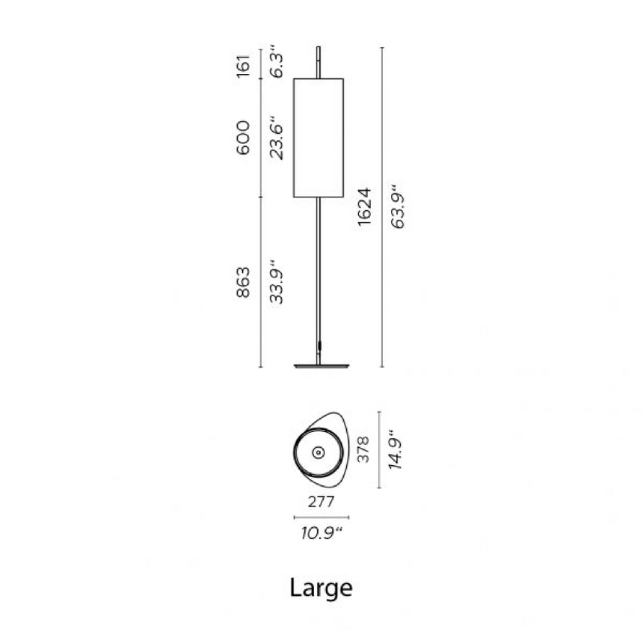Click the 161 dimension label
pyautogui.click(x=243, y=66)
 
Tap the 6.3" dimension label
pyautogui.click(x=277, y=61)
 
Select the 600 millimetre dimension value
pyautogui.click(x=243, y=138)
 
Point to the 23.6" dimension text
pyautogui.click(x=277, y=138)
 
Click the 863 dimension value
pyautogui.click(x=243, y=282)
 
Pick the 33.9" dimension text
pyautogui.click(x=277, y=282)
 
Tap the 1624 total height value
pyautogui.click(x=364, y=206)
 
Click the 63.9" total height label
pyautogui.click(x=398, y=206)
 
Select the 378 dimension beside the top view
pyautogui.click(x=363, y=449)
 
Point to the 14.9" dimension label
pyautogui.click(x=396, y=450)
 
